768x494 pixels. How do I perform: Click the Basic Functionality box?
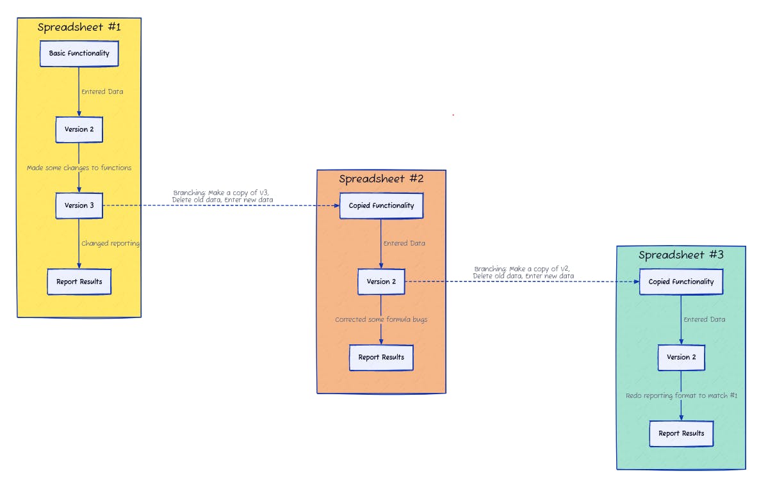coord(79,54)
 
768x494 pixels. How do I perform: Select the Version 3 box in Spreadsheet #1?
coord(79,205)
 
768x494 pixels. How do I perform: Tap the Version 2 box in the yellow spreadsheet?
coord(79,129)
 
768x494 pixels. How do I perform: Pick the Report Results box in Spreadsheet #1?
coord(79,282)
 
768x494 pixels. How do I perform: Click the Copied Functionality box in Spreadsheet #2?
coord(381,205)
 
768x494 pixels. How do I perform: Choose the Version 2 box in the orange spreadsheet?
coord(381,282)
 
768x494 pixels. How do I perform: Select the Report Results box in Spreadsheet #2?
coord(381,357)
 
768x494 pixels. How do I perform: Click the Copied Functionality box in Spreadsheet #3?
coord(681,282)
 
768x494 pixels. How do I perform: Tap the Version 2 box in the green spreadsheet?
coord(681,357)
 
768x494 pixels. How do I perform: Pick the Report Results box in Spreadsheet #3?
coord(681,433)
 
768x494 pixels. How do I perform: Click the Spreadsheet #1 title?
coord(79,28)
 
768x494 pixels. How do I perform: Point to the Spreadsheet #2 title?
coord(381,179)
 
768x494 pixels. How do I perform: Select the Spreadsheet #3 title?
coord(681,255)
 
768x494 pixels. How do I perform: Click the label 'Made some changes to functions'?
coord(79,168)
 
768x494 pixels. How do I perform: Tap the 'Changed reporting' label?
coord(110,243)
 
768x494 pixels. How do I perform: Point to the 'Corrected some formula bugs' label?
coord(381,319)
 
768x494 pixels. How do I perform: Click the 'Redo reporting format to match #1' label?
coord(682,395)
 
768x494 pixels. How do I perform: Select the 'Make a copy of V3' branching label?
coord(223,196)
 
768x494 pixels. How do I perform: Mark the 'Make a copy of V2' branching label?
coord(523,272)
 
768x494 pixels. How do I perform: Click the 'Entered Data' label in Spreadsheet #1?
coord(102,92)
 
